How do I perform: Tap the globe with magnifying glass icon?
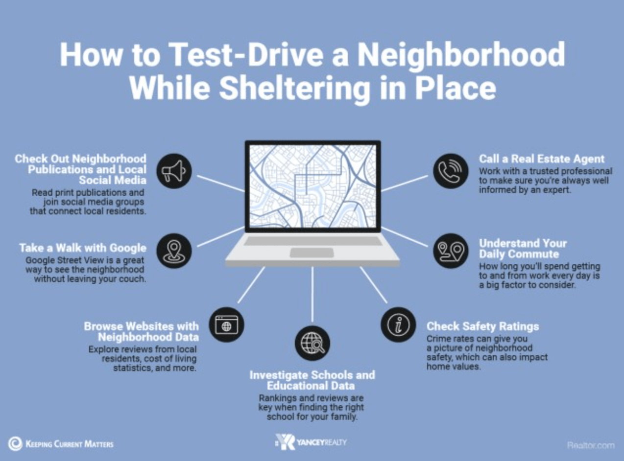pyautogui.click(x=312, y=343)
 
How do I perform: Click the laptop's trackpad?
pyautogui.click(x=312, y=253)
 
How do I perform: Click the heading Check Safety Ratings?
pyautogui.click(x=482, y=326)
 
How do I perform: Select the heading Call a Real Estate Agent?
pyautogui.click(x=542, y=159)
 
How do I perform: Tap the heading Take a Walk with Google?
pyautogui.click(x=83, y=248)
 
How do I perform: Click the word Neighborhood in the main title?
pyautogui.click(x=460, y=55)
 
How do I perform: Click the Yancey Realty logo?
pyautogui.click(x=312, y=442)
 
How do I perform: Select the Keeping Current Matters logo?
pyautogui.click(x=61, y=444)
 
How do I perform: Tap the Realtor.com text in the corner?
pyautogui.click(x=590, y=445)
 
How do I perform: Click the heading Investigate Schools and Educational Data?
pyautogui.click(x=312, y=380)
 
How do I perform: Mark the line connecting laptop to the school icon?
pyautogui.click(x=312, y=294)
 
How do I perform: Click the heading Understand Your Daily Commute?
pyautogui.click(x=523, y=249)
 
